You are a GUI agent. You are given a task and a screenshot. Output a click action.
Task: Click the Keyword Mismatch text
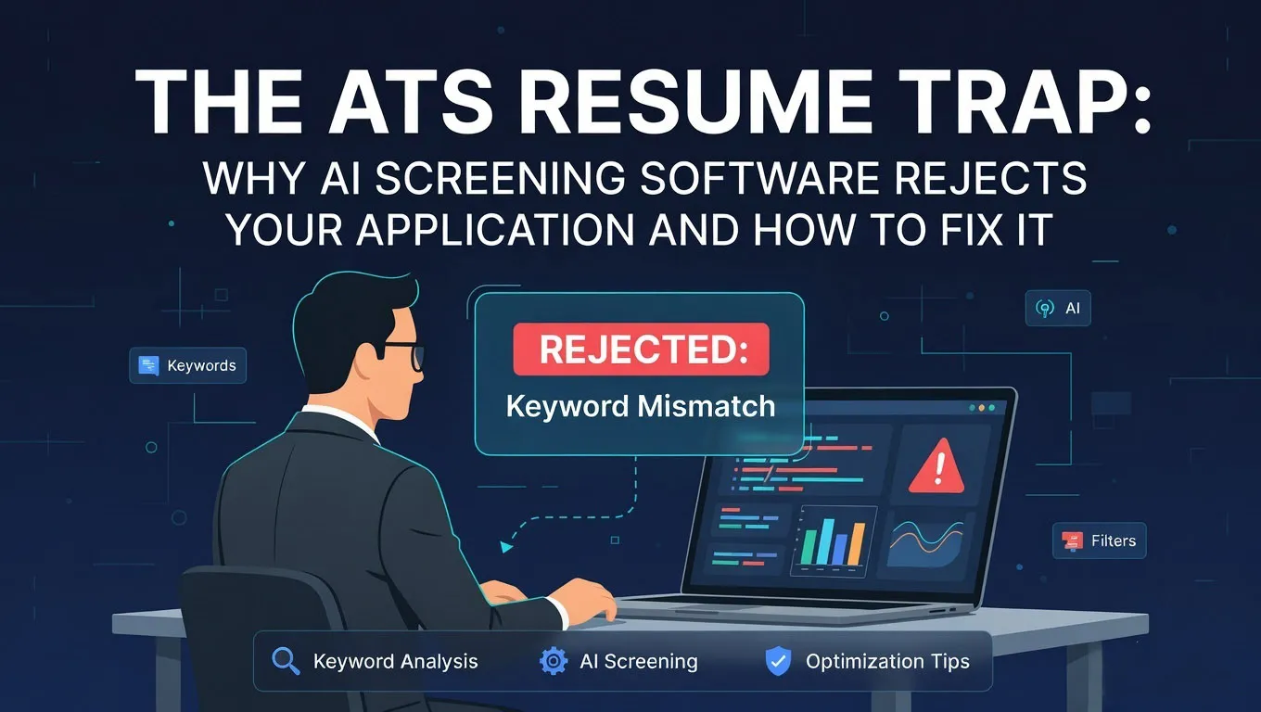coord(641,406)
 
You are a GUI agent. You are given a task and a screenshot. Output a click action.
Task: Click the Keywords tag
coord(187,365)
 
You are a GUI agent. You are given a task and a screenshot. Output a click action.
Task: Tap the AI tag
coord(1058,309)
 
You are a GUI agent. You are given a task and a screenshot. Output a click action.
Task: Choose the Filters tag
coord(1100,540)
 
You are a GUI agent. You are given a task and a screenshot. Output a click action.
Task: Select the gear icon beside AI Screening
coord(554,661)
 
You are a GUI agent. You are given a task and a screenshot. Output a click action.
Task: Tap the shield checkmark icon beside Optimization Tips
coord(777,661)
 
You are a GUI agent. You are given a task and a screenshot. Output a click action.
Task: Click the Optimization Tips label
coord(887,662)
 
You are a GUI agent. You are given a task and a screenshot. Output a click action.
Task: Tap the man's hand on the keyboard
coord(586,603)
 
